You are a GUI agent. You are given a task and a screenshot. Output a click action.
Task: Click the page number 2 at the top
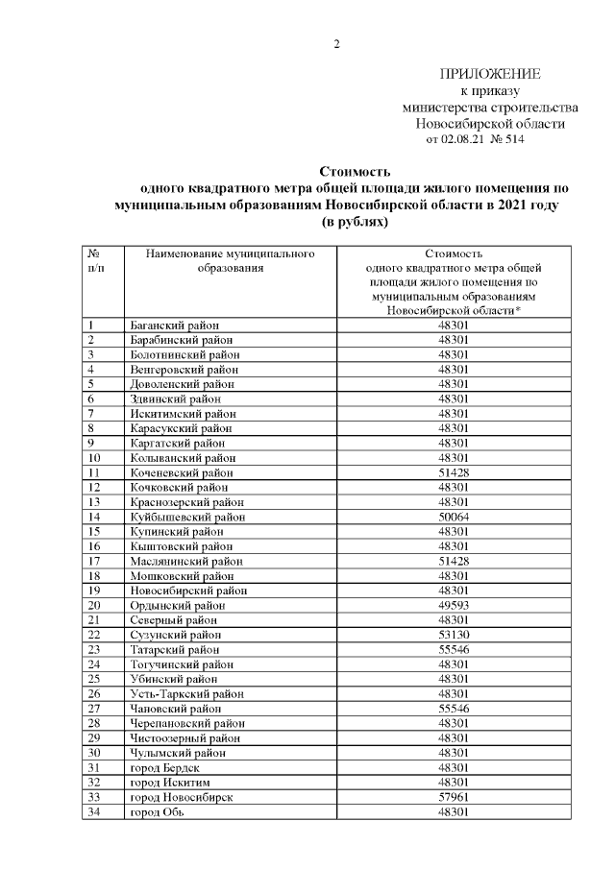tap(336, 44)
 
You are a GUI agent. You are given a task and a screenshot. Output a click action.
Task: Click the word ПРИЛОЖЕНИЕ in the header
tap(490, 75)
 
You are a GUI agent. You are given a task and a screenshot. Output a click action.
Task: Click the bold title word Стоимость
tap(355, 172)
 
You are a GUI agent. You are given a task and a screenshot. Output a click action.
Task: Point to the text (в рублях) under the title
tap(355, 221)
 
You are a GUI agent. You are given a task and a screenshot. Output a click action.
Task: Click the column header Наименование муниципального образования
tap(231, 261)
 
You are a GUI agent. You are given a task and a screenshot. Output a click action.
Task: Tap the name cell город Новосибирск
tap(181, 798)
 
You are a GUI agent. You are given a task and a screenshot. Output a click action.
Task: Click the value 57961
tap(453, 798)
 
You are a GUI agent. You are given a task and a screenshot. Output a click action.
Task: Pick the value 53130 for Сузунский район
tap(453, 636)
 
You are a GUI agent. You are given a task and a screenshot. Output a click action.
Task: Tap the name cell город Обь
tap(158, 812)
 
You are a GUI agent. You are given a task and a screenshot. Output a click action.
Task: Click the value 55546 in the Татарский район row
tap(453, 650)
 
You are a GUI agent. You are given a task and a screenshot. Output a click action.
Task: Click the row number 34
tap(94, 812)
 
